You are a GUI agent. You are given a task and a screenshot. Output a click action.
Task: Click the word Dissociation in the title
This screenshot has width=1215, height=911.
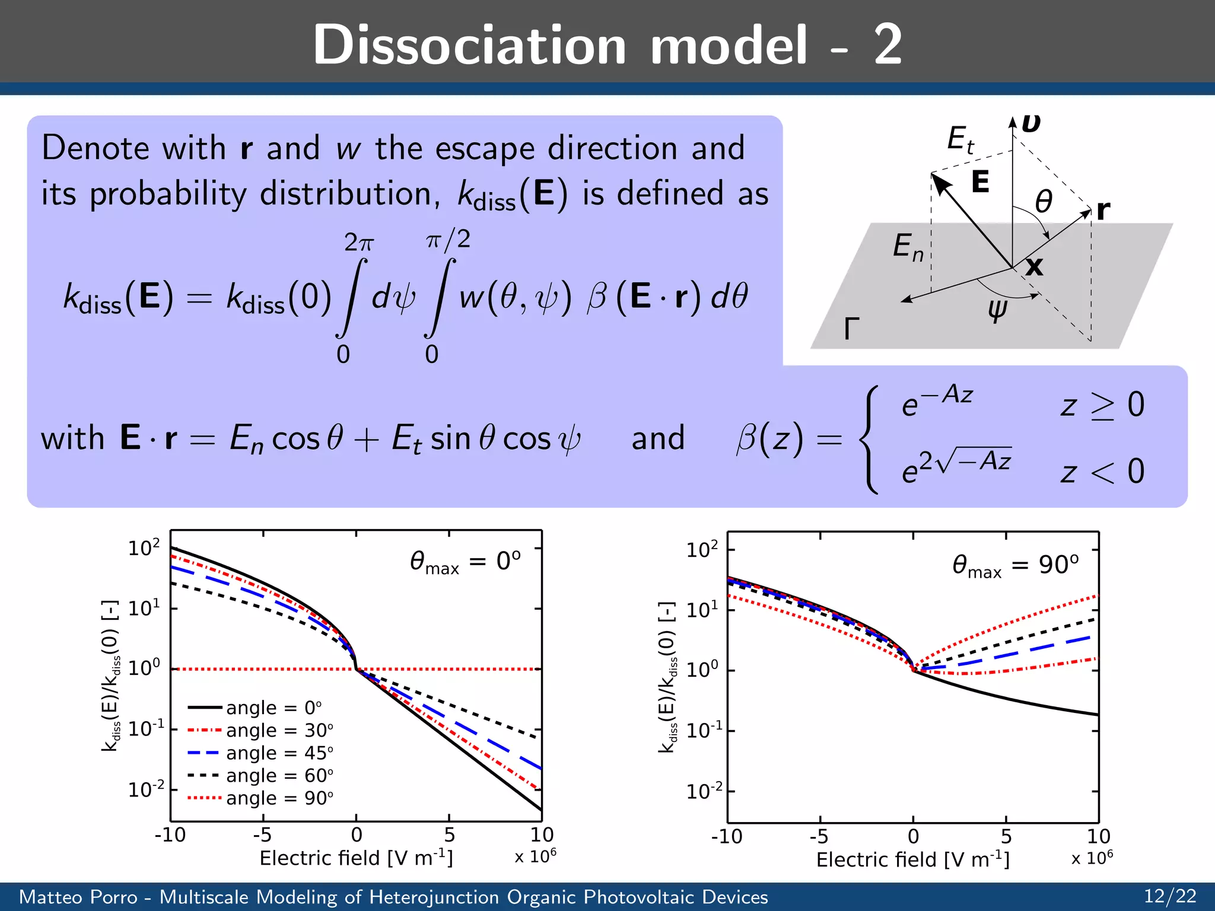469,45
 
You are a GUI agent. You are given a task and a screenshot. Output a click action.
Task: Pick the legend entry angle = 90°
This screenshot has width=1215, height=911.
279,798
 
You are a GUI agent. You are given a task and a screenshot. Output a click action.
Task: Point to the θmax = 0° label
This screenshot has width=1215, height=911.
465,562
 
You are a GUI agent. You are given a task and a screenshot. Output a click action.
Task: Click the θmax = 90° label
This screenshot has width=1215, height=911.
1015,565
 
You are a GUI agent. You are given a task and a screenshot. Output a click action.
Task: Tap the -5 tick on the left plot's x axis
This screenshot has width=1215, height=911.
262,835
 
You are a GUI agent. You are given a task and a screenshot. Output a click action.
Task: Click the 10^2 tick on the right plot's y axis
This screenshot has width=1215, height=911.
702,550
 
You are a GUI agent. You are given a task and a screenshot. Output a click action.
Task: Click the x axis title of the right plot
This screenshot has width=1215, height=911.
912,859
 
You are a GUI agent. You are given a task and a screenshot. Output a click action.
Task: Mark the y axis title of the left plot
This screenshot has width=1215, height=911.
111,676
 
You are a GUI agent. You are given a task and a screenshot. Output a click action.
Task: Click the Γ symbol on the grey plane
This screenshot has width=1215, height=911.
851,328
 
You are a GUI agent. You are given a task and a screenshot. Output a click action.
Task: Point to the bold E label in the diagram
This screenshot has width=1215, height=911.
980,181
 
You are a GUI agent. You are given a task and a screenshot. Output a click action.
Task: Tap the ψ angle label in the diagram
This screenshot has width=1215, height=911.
997,309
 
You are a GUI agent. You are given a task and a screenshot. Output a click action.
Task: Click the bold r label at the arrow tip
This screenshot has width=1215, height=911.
1103,209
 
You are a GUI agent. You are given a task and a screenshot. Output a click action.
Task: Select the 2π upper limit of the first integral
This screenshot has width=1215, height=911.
359,243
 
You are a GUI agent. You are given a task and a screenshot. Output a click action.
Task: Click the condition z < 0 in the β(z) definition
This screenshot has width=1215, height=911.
1102,472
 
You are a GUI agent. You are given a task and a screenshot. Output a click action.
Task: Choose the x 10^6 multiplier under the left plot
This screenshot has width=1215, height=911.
535,856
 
